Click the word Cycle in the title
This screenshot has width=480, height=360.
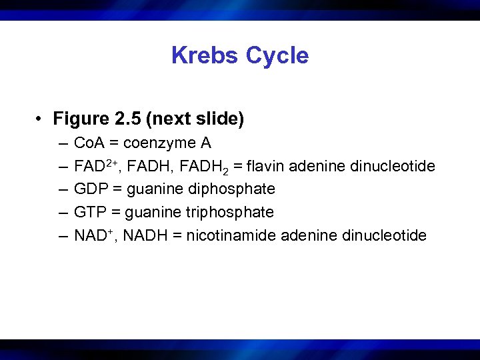(x=277, y=55)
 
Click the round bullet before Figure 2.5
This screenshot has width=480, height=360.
(x=41, y=120)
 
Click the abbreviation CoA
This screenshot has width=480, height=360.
(x=89, y=143)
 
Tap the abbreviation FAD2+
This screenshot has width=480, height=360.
(x=97, y=165)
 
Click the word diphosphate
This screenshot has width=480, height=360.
(x=234, y=189)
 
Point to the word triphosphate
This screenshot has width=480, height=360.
(x=233, y=212)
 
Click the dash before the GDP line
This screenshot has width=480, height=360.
(x=62, y=189)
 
